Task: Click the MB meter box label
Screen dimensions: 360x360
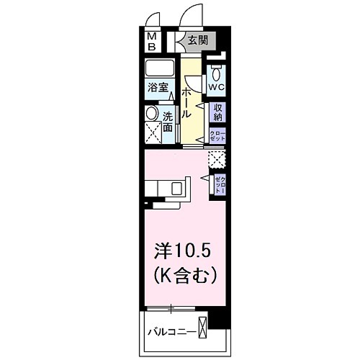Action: (x=153, y=41)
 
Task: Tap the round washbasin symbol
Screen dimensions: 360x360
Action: (x=151, y=114)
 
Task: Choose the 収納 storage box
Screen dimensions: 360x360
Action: (x=217, y=112)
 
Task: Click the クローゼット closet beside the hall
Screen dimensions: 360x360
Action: (x=217, y=135)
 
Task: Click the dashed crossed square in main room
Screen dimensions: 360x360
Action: (x=215, y=158)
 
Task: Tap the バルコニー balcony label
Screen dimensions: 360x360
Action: (x=171, y=332)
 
